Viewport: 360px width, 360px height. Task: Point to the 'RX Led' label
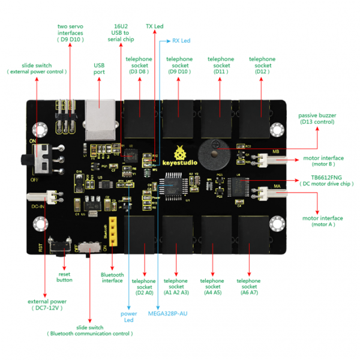[181, 41]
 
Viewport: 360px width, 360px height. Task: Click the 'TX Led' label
[155, 27]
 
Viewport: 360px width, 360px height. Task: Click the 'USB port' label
[99, 68]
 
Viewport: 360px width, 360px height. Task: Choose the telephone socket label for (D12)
[262, 65]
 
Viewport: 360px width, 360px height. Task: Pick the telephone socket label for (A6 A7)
[248, 286]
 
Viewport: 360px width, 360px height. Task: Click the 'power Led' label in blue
[129, 317]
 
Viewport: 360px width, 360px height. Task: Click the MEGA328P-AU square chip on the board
[176, 188]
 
